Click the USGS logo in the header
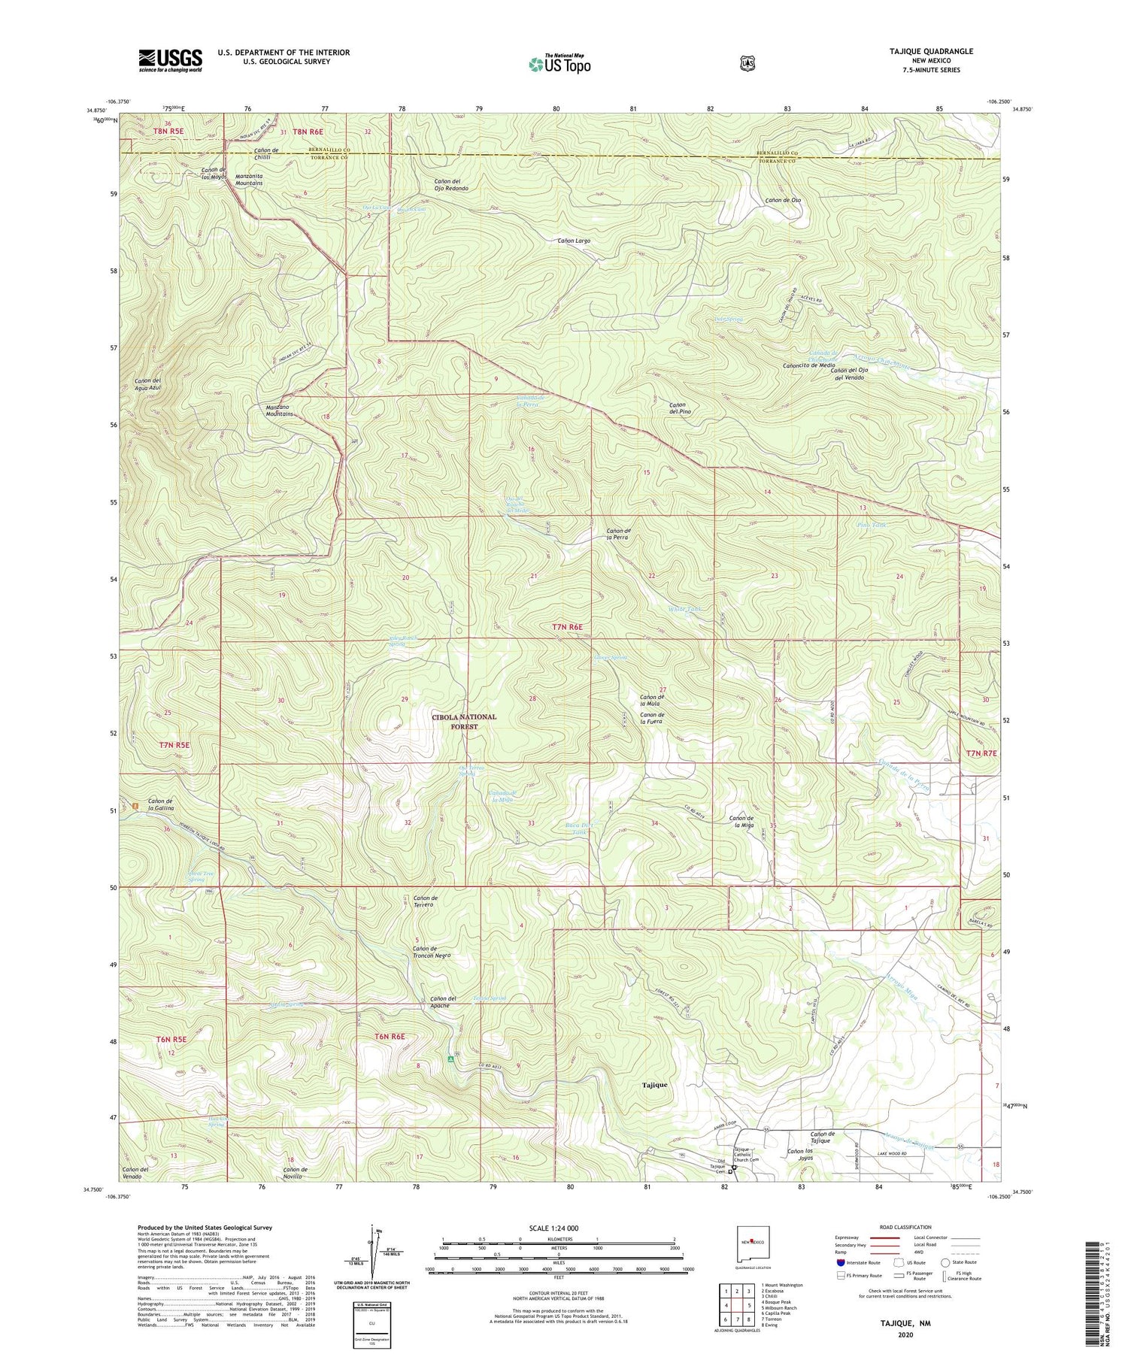click(170, 60)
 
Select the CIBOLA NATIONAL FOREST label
click(464, 722)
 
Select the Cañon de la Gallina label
click(161, 804)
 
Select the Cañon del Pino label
click(675, 408)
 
